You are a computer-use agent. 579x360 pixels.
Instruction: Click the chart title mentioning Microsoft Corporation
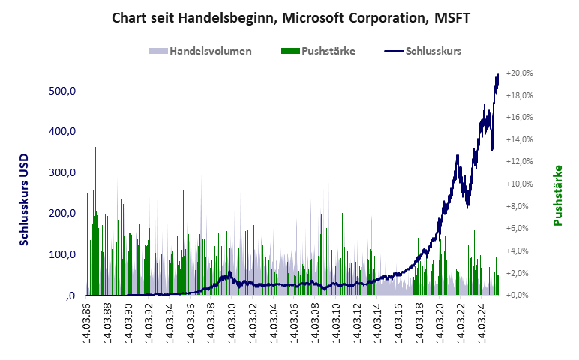click(290, 17)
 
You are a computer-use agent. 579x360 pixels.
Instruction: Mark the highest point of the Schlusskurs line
click(497, 74)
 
